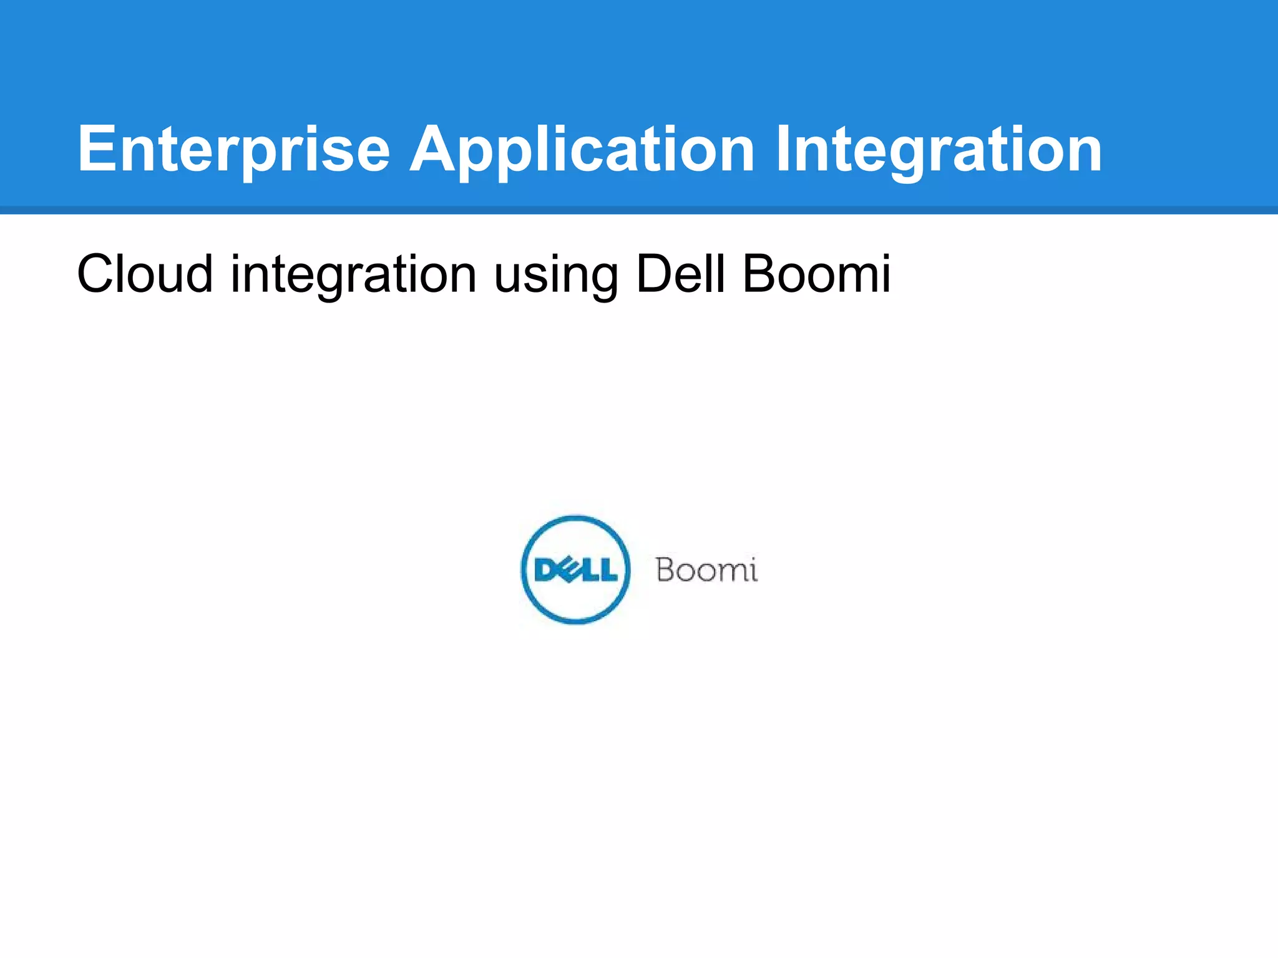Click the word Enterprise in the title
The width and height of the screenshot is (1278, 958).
click(233, 150)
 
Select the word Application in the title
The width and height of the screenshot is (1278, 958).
click(582, 150)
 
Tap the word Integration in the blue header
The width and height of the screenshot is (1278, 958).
click(939, 150)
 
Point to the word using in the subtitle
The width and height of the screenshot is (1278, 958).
click(556, 274)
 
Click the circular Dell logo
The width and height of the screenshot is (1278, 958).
click(575, 569)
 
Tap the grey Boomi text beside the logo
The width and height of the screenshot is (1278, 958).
click(706, 570)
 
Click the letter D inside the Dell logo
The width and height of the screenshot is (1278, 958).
click(545, 569)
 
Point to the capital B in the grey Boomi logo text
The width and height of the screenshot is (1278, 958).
click(667, 570)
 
